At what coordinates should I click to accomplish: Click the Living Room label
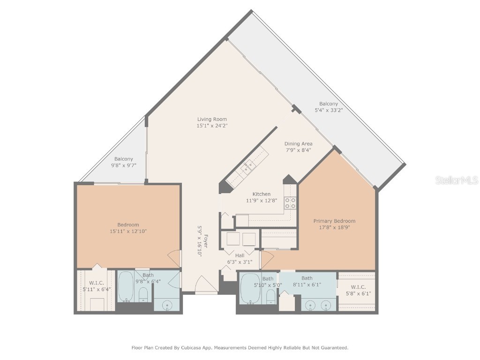click(212, 119)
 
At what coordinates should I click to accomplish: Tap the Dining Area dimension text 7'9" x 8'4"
click(298, 150)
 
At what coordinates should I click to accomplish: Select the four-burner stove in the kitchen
click(291, 203)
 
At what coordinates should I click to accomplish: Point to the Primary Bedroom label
click(334, 221)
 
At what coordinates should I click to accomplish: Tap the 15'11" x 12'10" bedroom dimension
click(128, 231)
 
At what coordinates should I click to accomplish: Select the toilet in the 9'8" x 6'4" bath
click(144, 294)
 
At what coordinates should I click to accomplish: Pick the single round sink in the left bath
click(167, 306)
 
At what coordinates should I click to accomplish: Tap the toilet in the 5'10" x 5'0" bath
click(270, 296)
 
